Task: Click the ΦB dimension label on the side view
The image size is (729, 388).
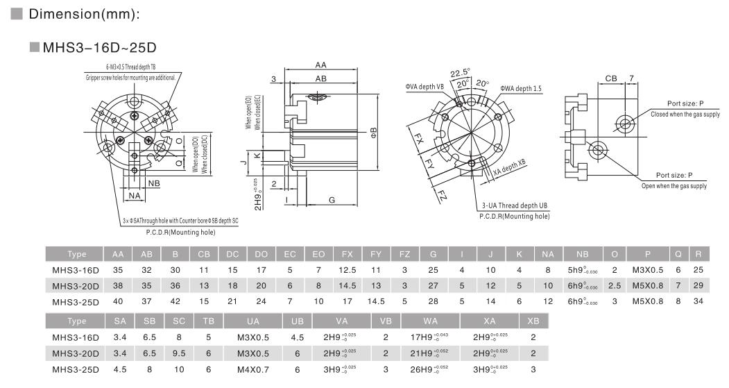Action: (373, 131)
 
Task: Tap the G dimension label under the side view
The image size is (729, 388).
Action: (332, 200)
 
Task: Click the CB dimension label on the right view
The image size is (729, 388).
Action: (610, 78)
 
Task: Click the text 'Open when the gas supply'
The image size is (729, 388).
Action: (674, 186)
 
